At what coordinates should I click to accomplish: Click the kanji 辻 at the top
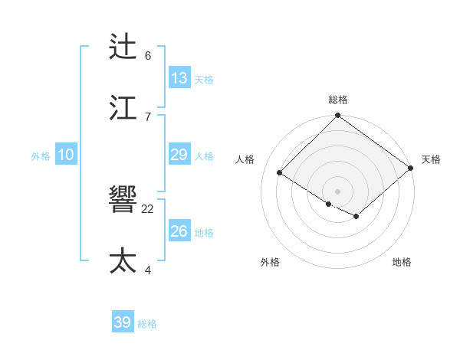click(x=123, y=47)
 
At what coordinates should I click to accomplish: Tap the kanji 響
click(x=123, y=200)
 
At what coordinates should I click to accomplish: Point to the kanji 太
click(x=123, y=260)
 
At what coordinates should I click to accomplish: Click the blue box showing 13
click(x=179, y=78)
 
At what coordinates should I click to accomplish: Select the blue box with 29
click(x=179, y=155)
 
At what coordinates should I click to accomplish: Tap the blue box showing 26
click(x=179, y=231)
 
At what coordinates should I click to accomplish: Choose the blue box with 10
click(x=66, y=155)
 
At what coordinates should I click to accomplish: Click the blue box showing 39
click(x=123, y=322)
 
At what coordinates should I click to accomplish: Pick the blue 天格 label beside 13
click(x=204, y=80)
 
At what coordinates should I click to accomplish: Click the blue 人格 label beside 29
click(x=204, y=156)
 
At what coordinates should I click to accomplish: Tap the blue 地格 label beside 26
click(x=204, y=233)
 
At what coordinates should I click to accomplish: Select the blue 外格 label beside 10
click(x=41, y=156)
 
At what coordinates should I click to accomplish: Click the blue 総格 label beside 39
click(x=147, y=324)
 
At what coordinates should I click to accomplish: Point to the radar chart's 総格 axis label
click(x=338, y=100)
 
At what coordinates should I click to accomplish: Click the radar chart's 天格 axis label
click(x=431, y=159)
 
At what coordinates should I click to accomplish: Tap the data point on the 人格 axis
click(x=280, y=172)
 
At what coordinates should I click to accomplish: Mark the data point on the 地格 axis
click(x=356, y=217)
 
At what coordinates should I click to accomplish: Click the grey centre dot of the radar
click(x=338, y=191)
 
